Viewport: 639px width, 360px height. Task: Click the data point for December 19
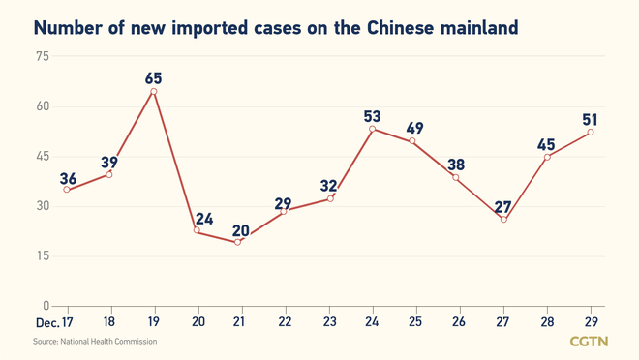pyautogui.click(x=153, y=92)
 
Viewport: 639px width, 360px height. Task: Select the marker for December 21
pyautogui.click(x=237, y=241)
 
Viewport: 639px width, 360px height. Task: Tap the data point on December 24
pyautogui.click(x=372, y=129)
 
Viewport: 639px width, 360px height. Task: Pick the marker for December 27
pyautogui.click(x=503, y=219)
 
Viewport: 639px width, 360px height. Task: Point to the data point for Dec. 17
pyautogui.click(x=66, y=189)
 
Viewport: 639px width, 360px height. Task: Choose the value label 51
pyautogui.click(x=590, y=121)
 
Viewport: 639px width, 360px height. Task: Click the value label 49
pyautogui.click(x=415, y=128)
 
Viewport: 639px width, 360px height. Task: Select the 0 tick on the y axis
pyautogui.click(x=45, y=306)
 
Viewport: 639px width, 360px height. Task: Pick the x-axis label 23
pyautogui.click(x=328, y=321)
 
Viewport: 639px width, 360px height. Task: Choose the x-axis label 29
pyautogui.click(x=591, y=321)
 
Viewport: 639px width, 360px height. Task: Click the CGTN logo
pyautogui.click(x=589, y=342)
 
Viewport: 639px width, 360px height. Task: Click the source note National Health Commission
pyautogui.click(x=95, y=342)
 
